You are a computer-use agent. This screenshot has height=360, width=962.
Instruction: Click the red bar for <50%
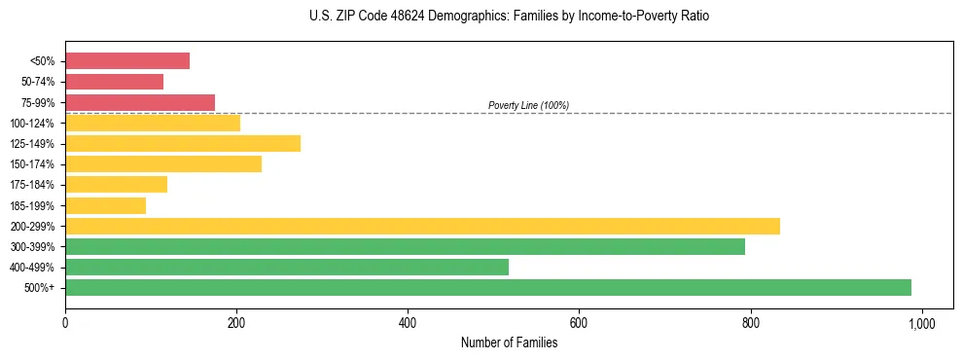tap(127, 61)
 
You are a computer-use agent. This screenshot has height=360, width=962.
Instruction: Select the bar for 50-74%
tap(114, 82)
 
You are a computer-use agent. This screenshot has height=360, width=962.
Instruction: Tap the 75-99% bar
tap(140, 102)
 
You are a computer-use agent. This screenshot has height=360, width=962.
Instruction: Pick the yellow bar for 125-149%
tap(183, 143)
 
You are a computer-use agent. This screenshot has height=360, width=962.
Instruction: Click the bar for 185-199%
tap(105, 205)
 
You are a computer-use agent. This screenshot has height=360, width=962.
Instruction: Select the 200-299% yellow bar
tap(422, 226)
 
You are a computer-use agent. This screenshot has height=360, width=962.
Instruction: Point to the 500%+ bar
tap(488, 287)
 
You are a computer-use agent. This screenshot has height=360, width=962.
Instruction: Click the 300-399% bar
tap(405, 246)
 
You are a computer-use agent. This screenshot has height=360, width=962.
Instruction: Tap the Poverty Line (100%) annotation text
tap(528, 105)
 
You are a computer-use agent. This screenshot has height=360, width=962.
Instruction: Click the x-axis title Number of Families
tap(509, 342)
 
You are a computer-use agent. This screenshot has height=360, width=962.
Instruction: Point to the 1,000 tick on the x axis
tap(921, 322)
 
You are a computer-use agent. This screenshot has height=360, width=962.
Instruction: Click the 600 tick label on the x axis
tap(579, 322)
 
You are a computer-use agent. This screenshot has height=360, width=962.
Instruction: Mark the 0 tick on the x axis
tap(65, 322)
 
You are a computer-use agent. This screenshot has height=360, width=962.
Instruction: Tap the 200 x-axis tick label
tap(236, 322)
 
